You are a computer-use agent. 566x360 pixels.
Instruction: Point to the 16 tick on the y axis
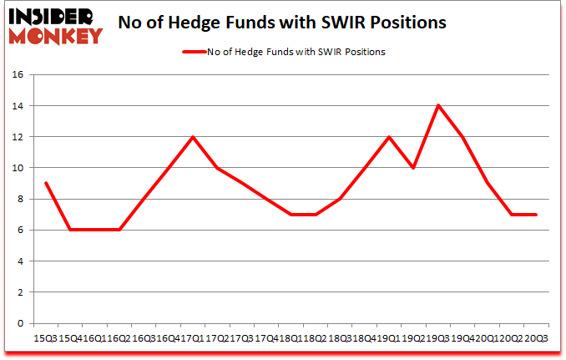(18, 74)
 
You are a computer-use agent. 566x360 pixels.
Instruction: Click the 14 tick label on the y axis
(18, 106)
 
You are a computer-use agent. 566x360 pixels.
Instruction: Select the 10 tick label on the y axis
(18, 168)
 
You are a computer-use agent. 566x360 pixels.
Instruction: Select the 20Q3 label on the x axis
(535, 338)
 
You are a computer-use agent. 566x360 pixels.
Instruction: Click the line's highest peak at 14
(437, 105)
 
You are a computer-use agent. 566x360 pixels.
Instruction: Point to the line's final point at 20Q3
(536, 215)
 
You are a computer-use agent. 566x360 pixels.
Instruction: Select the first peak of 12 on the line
(192, 137)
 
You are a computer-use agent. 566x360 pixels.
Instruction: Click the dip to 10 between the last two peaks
(413, 168)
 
